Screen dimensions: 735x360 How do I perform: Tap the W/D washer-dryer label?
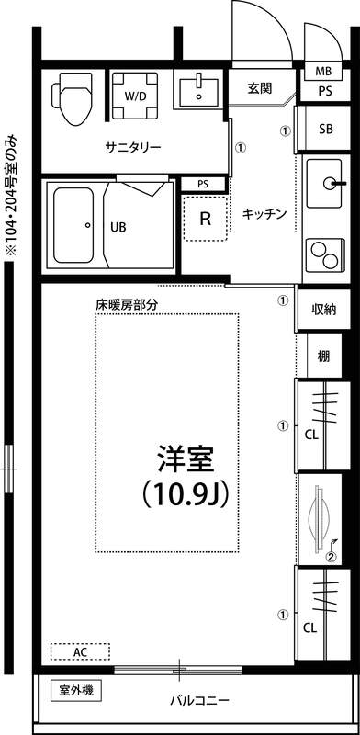point(134,95)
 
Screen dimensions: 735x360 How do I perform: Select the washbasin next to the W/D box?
point(197,92)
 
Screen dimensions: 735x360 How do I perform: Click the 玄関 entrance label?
point(260,89)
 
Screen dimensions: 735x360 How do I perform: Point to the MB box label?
point(324,72)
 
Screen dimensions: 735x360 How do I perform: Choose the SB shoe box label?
point(325,129)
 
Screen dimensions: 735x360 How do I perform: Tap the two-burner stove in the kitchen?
point(324,249)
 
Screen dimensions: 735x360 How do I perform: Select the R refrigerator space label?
point(207,220)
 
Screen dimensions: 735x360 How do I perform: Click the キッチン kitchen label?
point(264,214)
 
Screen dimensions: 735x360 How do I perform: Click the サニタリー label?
point(133,147)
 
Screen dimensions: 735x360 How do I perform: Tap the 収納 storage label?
point(323,310)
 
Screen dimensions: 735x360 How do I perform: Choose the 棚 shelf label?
point(324,356)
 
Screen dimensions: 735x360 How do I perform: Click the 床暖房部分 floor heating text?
point(127,303)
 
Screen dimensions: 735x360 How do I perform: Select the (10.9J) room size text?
point(186,493)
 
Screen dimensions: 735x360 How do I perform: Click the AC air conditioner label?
point(80,651)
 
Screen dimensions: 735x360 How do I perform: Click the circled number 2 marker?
point(332,555)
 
